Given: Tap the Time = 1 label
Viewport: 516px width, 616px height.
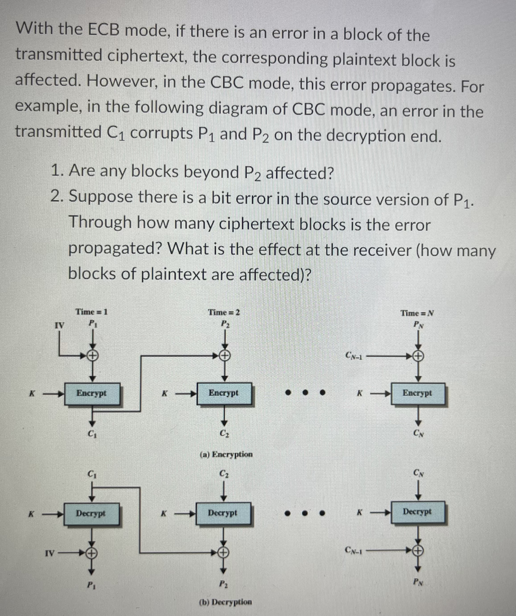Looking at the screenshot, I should pos(92,312).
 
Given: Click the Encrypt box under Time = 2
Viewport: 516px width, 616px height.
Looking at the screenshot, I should pos(224,393).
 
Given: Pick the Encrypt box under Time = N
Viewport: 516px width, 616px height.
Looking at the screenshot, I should pos(418,393).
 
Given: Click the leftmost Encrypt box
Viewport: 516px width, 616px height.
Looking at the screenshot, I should pos(92,393).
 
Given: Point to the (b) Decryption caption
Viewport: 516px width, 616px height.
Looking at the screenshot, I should pos(225,602).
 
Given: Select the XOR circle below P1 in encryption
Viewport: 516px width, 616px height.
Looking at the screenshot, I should pos(92,356).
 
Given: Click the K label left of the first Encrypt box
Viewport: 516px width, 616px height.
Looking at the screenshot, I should pos(34,393).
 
